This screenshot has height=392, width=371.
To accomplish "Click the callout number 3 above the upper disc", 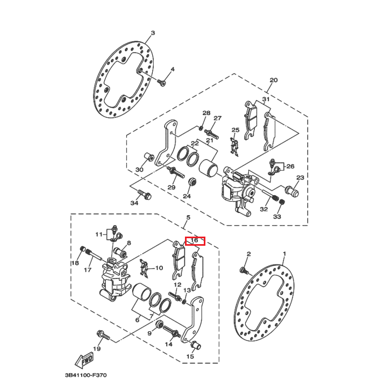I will (152, 33).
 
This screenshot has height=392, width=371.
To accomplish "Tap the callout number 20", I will (273, 80).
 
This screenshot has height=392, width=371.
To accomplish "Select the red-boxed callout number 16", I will (195, 240).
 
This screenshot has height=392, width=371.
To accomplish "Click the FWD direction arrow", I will (85, 360).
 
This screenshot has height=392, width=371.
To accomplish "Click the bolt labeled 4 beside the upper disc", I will (163, 82).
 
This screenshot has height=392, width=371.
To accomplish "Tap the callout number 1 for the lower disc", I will (284, 254).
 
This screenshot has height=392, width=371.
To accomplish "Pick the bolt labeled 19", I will (104, 336).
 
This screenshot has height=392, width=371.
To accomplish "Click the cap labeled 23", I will (293, 189).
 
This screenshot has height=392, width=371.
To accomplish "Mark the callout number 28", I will (206, 113).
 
